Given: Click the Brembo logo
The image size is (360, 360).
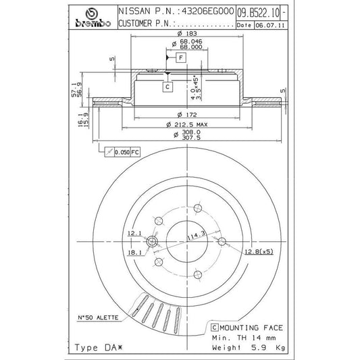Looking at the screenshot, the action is pos(93,18).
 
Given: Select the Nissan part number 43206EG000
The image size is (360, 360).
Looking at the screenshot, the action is pos(208,11).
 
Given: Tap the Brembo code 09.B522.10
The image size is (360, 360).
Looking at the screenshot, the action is pos(258,13).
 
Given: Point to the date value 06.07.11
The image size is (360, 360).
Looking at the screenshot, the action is pos(270,25).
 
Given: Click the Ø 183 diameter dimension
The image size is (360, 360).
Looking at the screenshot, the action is pos(187,34).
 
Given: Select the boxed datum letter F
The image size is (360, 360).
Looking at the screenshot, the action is pos(181,57).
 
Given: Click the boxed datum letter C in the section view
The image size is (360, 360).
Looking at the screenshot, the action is pos(168,86).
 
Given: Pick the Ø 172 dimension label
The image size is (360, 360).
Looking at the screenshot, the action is pos(187,114).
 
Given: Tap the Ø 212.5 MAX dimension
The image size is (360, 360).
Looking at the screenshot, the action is pos(187,124).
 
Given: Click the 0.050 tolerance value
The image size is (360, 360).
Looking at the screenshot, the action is pos(122,152).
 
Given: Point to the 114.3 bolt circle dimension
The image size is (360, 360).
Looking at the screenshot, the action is pos(196,236).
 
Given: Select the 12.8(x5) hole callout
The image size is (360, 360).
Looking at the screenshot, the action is pos(259,252).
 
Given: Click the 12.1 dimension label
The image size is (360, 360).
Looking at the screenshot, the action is pos(134,233).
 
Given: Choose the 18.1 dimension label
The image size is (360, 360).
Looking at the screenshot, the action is pos(134,253).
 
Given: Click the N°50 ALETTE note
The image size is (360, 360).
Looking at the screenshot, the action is pos(98,317).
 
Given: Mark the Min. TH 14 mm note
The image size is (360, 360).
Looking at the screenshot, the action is pos(244,338).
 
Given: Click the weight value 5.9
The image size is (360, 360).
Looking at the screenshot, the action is pos(259,347).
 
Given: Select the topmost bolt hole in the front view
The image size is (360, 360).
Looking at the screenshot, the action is pos(198,209).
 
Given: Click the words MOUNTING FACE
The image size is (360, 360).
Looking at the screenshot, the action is pos(251,328).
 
